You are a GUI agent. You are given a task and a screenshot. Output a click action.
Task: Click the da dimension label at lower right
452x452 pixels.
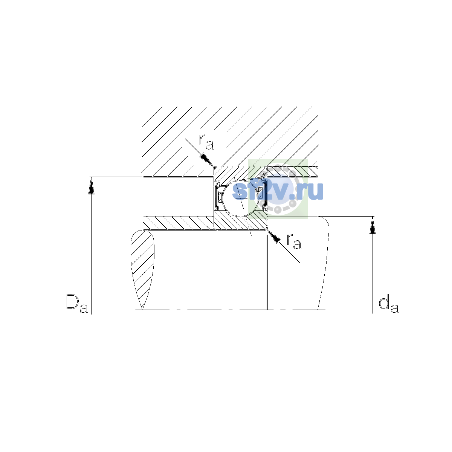388,305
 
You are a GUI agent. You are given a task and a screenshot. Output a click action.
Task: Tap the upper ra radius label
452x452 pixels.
206,142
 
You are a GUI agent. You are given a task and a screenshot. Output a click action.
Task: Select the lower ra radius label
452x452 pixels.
294,241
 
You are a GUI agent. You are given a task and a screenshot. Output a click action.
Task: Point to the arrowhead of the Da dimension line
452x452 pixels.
91,186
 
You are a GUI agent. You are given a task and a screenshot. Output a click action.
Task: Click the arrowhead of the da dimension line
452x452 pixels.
373,225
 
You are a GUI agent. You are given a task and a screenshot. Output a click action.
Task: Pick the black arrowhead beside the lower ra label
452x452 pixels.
273,237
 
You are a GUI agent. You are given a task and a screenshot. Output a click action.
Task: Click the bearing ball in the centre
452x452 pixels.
241,198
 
